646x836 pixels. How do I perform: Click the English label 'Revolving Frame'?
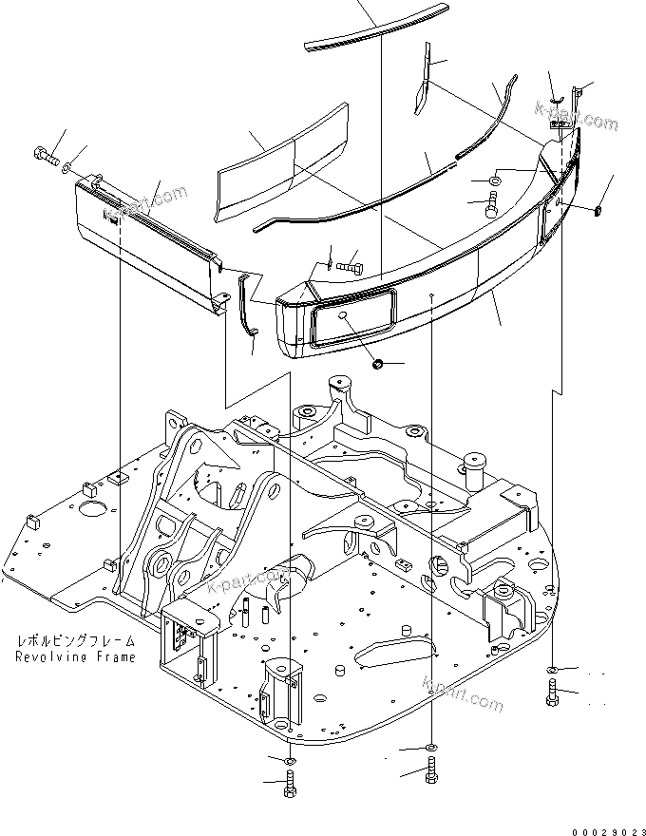pos(75,656)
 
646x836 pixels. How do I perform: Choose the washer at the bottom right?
pos(553,673)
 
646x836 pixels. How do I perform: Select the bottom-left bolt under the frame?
pos(290,785)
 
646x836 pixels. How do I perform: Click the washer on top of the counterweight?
pos(495,181)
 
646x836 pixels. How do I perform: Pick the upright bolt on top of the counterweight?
pos(493,202)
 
